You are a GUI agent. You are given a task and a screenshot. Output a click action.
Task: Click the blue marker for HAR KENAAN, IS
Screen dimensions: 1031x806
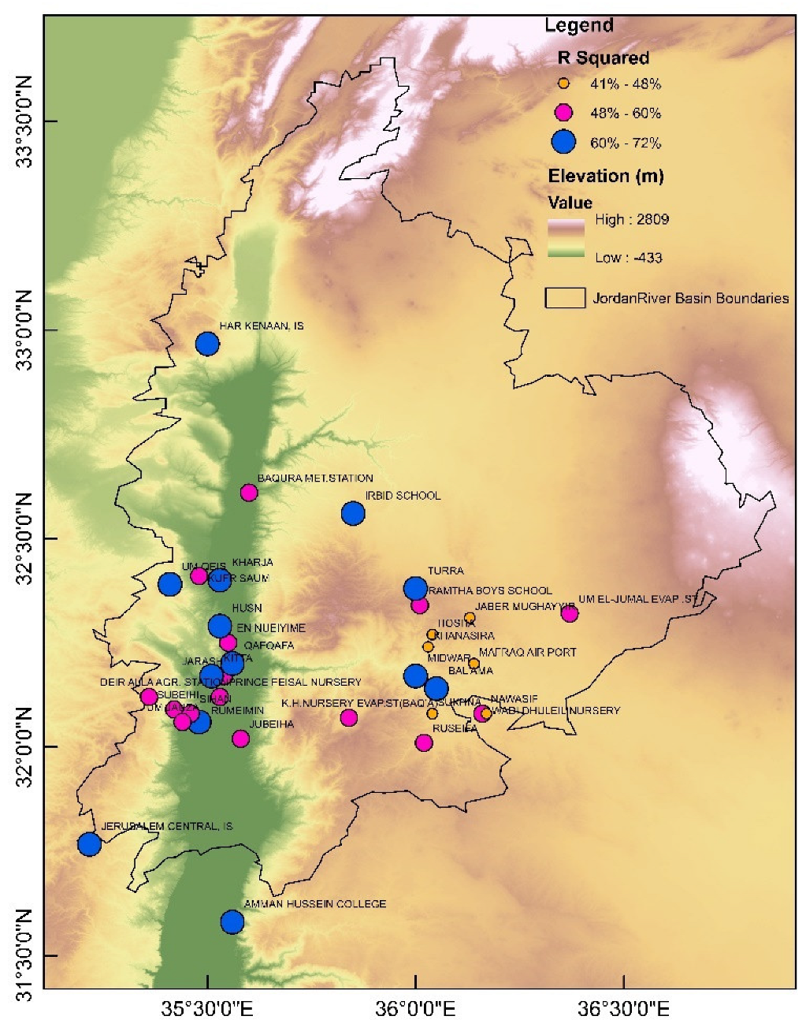click(207, 344)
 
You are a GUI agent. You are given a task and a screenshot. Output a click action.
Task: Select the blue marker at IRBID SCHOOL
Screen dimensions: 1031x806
click(353, 514)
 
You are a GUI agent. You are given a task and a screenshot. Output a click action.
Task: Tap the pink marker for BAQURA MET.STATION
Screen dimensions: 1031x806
click(249, 493)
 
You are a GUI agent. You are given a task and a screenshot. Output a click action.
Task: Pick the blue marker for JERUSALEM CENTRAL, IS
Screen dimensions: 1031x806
click(90, 844)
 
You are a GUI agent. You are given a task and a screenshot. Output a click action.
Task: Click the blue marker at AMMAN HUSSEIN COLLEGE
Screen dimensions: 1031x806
click(232, 921)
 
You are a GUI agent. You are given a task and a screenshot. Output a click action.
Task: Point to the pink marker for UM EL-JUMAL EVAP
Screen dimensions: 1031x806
click(570, 613)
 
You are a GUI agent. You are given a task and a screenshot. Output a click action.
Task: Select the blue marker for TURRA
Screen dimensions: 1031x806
click(415, 588)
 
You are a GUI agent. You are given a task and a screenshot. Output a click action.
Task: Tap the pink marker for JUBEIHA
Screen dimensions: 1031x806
click(240, 739)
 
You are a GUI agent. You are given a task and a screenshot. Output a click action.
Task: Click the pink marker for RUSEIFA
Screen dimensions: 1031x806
click(424, 743)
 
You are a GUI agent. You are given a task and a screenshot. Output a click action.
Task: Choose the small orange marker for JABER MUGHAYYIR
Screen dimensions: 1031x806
click(470, 617)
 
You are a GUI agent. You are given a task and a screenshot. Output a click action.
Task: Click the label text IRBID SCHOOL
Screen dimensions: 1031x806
click(403, 496)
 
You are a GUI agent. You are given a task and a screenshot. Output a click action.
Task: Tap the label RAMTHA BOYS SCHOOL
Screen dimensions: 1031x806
click(489, 590)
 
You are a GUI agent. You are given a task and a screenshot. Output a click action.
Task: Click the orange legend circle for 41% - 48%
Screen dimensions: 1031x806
click(563, 83)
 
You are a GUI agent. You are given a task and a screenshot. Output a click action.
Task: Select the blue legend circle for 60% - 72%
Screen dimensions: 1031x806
click(563, 142)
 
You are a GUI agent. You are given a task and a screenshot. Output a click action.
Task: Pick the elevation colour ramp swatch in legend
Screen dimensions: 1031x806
click(566, 238)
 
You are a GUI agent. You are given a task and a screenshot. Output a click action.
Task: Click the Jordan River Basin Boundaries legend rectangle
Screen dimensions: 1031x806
click(565, 298)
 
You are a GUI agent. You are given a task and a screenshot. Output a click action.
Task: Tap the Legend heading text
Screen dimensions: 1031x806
click(578, 26)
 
